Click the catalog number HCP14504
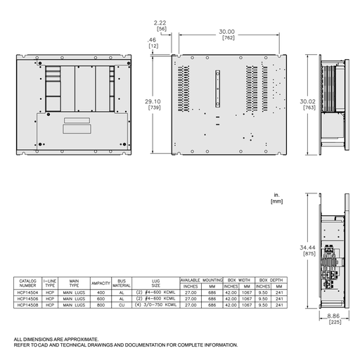[x=27, y=292]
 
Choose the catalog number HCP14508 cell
[x=27, y=304]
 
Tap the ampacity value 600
[x=101, y=298]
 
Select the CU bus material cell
[x=122, y=304]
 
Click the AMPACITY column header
[x=101, y=283]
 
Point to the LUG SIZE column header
[x=155, y=283]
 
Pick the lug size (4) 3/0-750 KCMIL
[x=155, y=304]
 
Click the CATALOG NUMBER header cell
[x=27, y=283]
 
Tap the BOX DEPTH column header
[x=269, y=279]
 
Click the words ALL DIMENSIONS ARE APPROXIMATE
[x=56, y=339]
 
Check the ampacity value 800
[x=101, y=304]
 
